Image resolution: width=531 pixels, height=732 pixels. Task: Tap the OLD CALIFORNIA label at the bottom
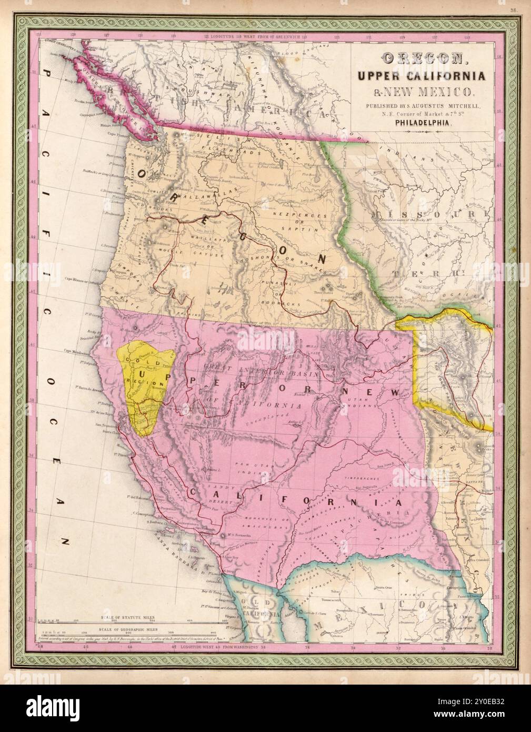pyautogui.click(x=262, y=610)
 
